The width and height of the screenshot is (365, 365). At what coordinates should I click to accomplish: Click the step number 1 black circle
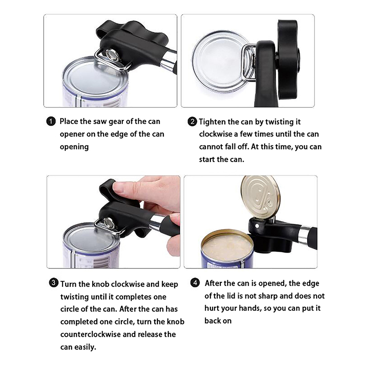tap(51, 121)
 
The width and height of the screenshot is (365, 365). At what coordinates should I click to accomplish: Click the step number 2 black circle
tap(192, 122)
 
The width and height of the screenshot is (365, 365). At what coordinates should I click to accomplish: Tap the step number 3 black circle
tap(53, 283)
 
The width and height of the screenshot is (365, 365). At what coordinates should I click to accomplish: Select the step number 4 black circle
tap(195, 283)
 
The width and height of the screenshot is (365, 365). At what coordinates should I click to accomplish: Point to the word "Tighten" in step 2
tap(212, 122)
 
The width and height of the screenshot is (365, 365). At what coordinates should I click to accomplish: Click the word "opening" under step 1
tap(74, 147)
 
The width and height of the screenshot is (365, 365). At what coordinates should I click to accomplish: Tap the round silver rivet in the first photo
tap(111, 55)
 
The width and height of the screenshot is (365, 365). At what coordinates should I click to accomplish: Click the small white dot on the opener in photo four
tap(257, 226)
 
